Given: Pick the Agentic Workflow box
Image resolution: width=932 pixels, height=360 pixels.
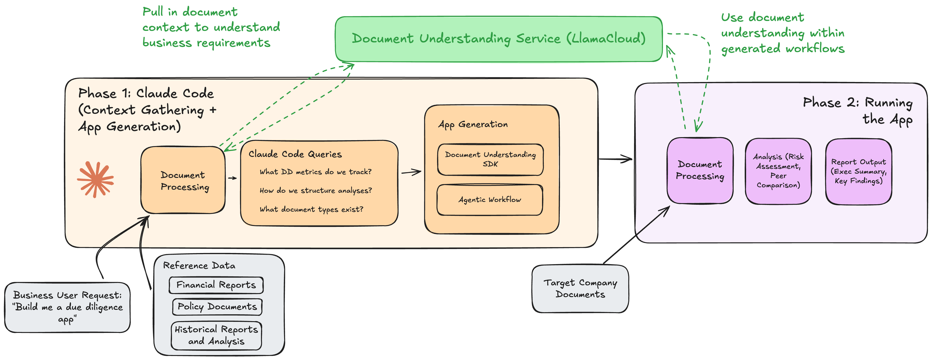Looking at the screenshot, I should [490, 200].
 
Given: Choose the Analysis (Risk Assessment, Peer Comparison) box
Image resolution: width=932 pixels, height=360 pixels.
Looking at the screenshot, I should [778, 171].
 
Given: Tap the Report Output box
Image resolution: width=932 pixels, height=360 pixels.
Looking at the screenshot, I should [858, 172].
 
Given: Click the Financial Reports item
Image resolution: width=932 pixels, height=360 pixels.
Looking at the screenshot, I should [216, 285].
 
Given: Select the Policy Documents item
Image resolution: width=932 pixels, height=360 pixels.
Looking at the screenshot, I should [217, 307].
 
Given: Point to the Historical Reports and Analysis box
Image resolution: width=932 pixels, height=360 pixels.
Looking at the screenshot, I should [216, 335].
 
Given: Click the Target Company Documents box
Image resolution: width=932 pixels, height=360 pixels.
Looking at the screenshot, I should [580, 288].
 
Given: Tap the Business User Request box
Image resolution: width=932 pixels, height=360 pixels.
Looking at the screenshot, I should [68, 307].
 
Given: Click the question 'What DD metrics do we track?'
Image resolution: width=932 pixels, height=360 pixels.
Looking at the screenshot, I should [315, 172].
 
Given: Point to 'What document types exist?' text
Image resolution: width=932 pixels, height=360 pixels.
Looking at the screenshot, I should [311, 209].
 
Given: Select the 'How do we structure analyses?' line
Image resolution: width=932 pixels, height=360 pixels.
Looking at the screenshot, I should [315, 191].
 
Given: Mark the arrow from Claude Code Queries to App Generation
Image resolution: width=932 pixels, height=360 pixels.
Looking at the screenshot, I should [411, 173].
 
